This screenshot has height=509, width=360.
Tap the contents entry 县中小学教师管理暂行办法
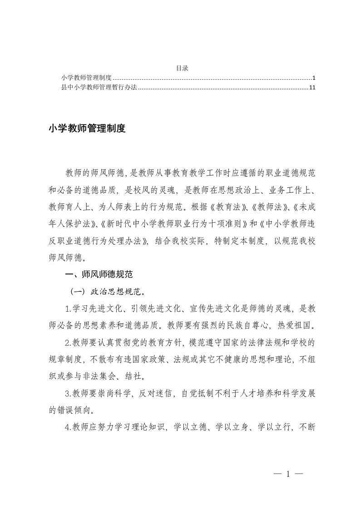click(99, 88)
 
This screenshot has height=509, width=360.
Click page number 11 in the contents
click(311, 88)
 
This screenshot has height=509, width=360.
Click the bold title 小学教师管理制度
click(87, 129)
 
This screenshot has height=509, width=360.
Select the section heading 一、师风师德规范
click(99, 274)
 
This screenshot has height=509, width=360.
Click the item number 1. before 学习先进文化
click(68, 308)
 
